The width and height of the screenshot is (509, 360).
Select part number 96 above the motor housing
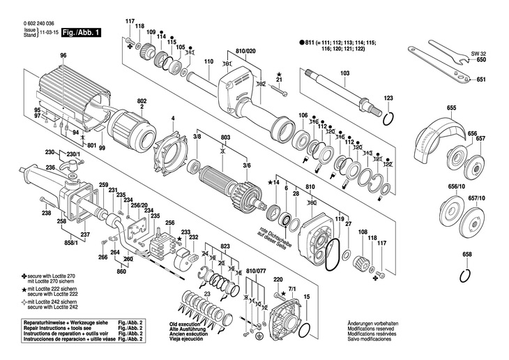63,56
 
